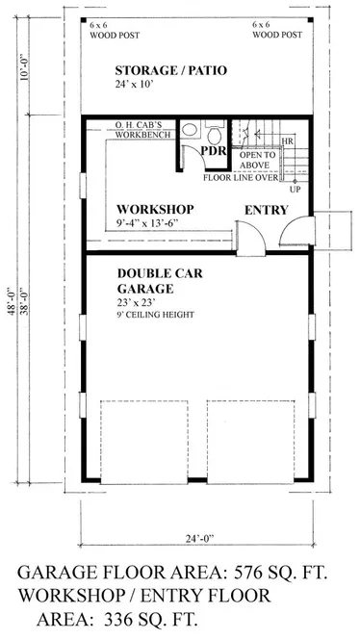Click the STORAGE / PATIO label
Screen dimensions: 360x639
click(x=170, y=70)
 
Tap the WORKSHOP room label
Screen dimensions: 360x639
click(x=155, y=210)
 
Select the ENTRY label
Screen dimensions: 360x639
click(x=267, y=211)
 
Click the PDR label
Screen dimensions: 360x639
click(x=214, y=151)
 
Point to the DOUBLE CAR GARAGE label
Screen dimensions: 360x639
click(x=160, y=281)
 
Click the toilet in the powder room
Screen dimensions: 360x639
click(x=215, y=133)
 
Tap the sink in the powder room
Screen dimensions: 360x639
click(x=189, y=130)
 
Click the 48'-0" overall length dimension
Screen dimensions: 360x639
click(x=13, y=301)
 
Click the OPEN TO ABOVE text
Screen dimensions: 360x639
click(x=257, y=160)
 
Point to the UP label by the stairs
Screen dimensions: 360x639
click(x=294, y=189)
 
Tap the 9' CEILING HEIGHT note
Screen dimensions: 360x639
click(x=155, y=315)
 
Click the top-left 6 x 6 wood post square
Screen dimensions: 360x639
click(x=83, y=20)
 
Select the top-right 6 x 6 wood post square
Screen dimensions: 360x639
click(x=311, y=20)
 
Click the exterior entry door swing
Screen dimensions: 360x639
click(x=296, y=231)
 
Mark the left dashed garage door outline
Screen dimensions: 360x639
click(x=144, y=442)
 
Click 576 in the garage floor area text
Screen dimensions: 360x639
click(x=247, y=573)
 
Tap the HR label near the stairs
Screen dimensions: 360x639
click(x=287, y=141)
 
